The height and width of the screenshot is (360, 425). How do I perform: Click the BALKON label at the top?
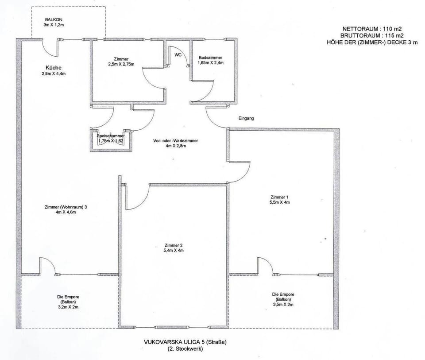coord(53,20)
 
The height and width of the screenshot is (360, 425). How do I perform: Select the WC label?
coord(178,55)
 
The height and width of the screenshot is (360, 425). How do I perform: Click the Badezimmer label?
coord(210,58)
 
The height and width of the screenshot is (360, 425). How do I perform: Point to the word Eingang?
coord(247,119)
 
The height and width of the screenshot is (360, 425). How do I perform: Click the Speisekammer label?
coord(111,135)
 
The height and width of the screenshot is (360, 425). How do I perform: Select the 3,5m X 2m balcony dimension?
coord(283,305)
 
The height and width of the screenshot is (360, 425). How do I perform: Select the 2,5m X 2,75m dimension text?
coord(121,65)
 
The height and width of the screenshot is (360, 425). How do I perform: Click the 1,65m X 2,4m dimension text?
coord(210,63)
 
